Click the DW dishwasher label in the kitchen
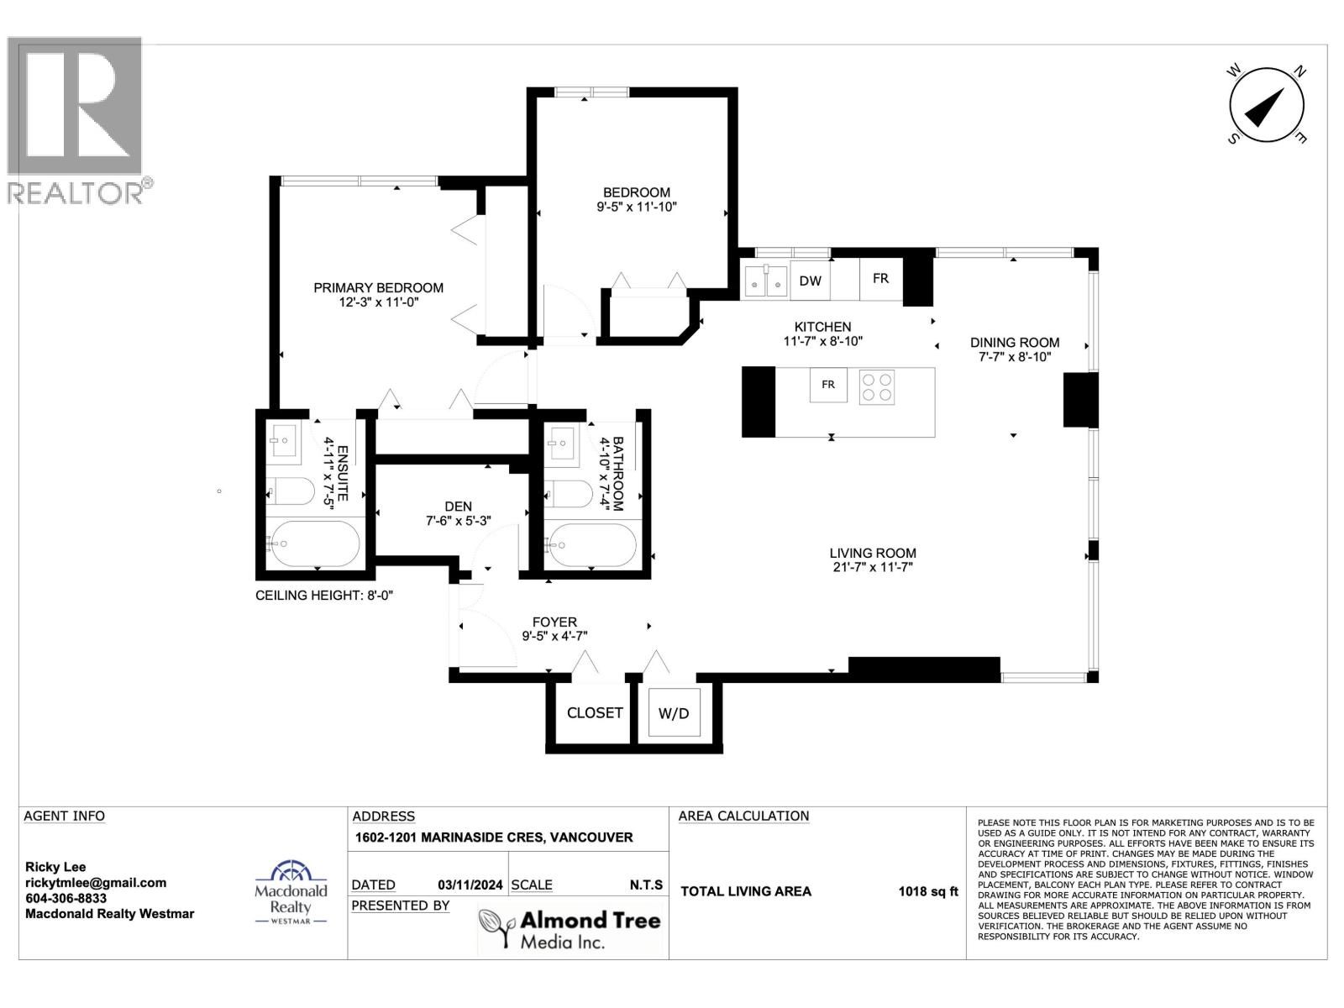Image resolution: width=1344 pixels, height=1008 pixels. pos(810,281)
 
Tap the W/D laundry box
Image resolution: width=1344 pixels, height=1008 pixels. pos(674,713)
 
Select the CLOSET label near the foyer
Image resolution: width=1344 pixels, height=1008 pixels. pos(595,712)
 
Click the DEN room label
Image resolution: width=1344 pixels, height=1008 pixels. pos(458,506)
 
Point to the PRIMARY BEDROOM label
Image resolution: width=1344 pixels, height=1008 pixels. pos(378,287)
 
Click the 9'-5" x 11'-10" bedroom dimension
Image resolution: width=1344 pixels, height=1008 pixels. pos(636,207)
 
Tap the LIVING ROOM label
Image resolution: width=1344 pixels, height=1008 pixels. pos(872,553)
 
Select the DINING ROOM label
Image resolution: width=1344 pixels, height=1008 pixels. pos(1014,342)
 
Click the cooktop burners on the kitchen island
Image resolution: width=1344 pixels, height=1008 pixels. pos(877,387)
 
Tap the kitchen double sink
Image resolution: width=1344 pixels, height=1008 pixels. pos(765,281)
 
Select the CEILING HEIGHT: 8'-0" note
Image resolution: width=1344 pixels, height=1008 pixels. pos(324,596)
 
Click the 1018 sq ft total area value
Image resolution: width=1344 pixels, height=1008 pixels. pos(927,891)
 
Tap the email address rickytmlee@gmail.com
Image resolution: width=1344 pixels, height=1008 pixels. pos(96,883)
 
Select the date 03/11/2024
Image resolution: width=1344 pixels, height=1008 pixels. pos(470,885)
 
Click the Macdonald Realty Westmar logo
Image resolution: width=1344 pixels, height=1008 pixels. pos(291,893)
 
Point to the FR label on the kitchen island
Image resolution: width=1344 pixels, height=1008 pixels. pos(828,385)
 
